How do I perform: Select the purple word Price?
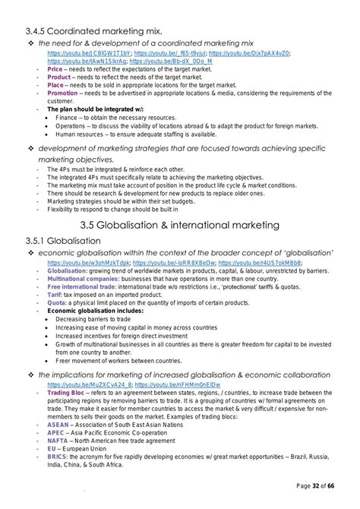coord(55,69)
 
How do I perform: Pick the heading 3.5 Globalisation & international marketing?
coord(181,225)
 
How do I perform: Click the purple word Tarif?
coord(55,296)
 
